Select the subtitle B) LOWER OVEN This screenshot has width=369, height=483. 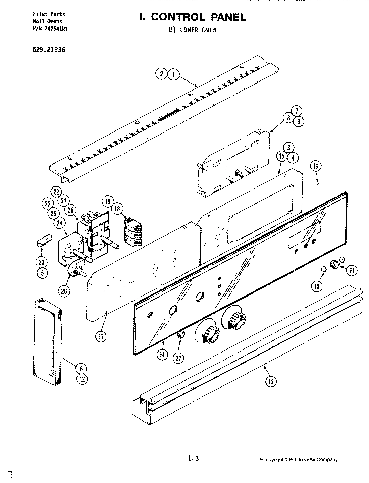click(x=193, y=30)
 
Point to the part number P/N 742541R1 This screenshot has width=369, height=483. click(x=50, y=29)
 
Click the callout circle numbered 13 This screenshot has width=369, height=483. click(x=271, y=381)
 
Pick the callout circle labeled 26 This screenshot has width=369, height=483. click(x=64, y=291)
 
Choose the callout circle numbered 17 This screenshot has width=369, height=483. click(x=101, y=337)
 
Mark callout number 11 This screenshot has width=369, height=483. click(x=351, y=270)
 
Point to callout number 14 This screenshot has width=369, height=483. click(x=162, y=355)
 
